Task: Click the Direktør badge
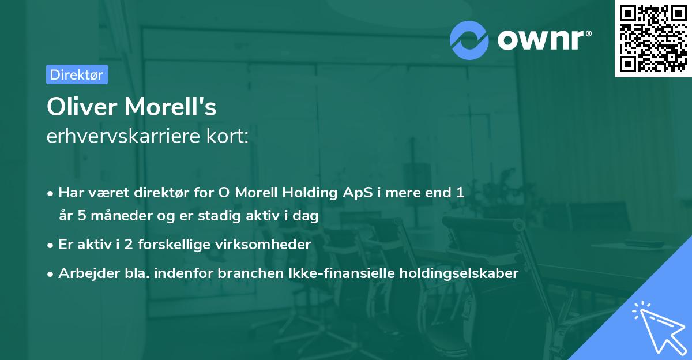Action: click(x=76, y=74)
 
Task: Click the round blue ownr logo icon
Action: click(x=469, y=40)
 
